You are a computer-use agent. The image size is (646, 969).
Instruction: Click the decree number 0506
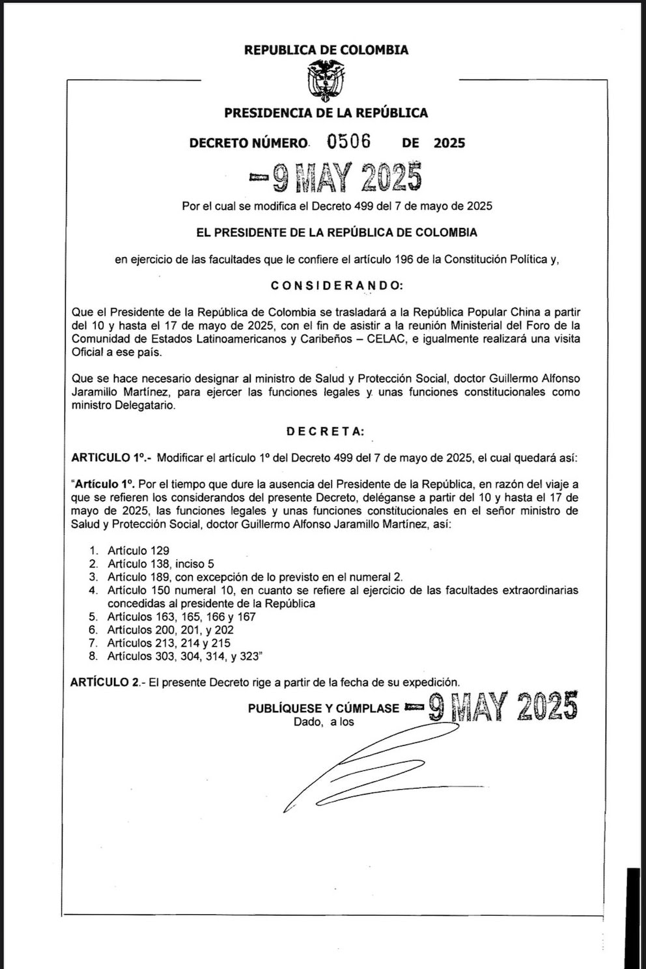(349, 141)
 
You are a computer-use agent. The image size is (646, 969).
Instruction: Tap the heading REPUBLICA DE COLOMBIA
(326, 49)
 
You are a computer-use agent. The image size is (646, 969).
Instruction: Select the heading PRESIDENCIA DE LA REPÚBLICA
(326, 113)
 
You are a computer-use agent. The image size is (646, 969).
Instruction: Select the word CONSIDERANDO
(337, 285)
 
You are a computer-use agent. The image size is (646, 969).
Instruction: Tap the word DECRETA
(326, 431)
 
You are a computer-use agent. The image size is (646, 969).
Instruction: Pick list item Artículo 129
(138, 550)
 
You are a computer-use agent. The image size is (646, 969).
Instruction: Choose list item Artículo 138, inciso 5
(160, 564)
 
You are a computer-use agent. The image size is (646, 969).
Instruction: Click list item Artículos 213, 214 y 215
(169, 643)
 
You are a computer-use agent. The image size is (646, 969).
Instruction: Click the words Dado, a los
(324, 722)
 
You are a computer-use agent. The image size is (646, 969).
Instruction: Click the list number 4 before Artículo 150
(94, 590)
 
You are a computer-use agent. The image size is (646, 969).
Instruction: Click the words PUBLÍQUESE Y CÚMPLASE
(323, 708)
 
